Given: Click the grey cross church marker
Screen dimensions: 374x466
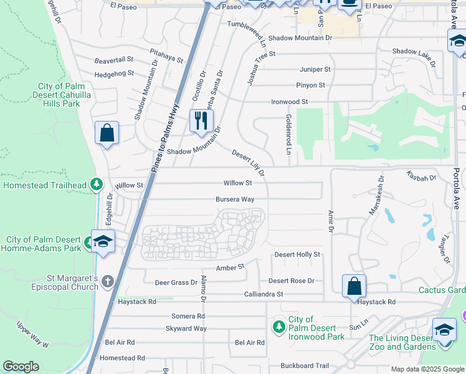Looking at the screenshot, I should click(x=108, y=282).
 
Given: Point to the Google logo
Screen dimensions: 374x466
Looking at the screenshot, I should click(x=21, y=367).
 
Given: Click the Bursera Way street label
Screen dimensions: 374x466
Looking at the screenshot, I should click(x=235, y=199).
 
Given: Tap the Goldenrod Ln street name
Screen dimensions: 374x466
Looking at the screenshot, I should click(x=288, y=135).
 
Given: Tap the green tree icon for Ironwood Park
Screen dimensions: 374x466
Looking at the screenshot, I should click(x=279, y=327).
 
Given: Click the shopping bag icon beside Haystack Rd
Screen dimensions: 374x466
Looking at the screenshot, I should click(x=354, y=286).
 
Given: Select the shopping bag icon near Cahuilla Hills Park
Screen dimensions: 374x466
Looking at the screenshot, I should click(x=107, y=133).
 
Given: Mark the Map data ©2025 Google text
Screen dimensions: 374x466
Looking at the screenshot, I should click(x=427, y=369).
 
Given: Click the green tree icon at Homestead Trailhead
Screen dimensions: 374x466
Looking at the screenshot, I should click(x=96, y=185).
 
